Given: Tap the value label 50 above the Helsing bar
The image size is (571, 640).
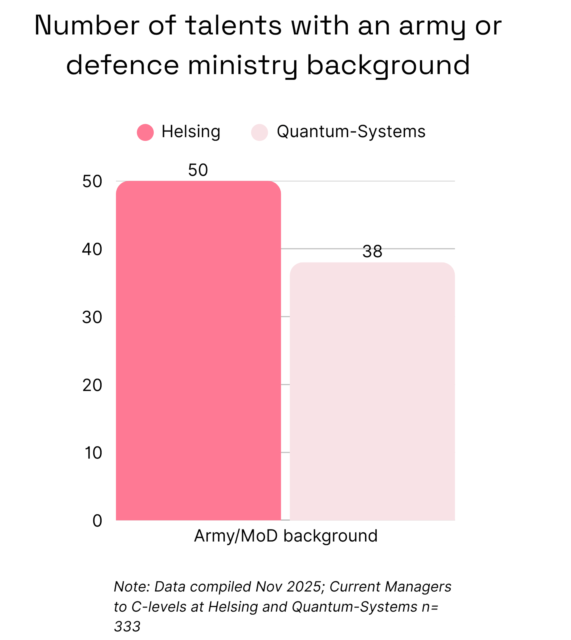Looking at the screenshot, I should pos(198,170).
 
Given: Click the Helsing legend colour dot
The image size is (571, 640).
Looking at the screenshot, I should pos(145,132).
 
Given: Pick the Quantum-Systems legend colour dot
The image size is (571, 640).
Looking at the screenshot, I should pos(259,132).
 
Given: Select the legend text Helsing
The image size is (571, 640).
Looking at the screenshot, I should pos(191,132).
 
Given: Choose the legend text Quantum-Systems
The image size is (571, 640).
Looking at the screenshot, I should pos(351,132).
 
